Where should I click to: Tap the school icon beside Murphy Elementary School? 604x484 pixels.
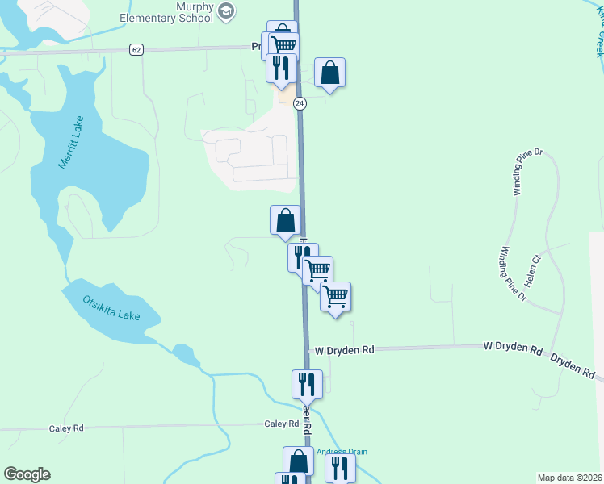point(227,10)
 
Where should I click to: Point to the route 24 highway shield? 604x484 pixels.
point(300,103)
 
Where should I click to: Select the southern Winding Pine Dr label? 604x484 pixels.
point(513,274)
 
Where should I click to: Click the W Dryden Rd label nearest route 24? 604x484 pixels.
point(345,350)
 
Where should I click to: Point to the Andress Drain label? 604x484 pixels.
point(342,452)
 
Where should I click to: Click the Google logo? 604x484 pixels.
point(27,474)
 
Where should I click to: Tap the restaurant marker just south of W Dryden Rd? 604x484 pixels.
point(307,384)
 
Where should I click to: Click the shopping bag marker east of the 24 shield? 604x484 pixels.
point(329,73)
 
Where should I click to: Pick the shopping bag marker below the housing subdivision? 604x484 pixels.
point(285,220)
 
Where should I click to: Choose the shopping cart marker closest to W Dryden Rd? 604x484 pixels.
point(335,296)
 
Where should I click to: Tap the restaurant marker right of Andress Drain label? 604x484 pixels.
point(341,468)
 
